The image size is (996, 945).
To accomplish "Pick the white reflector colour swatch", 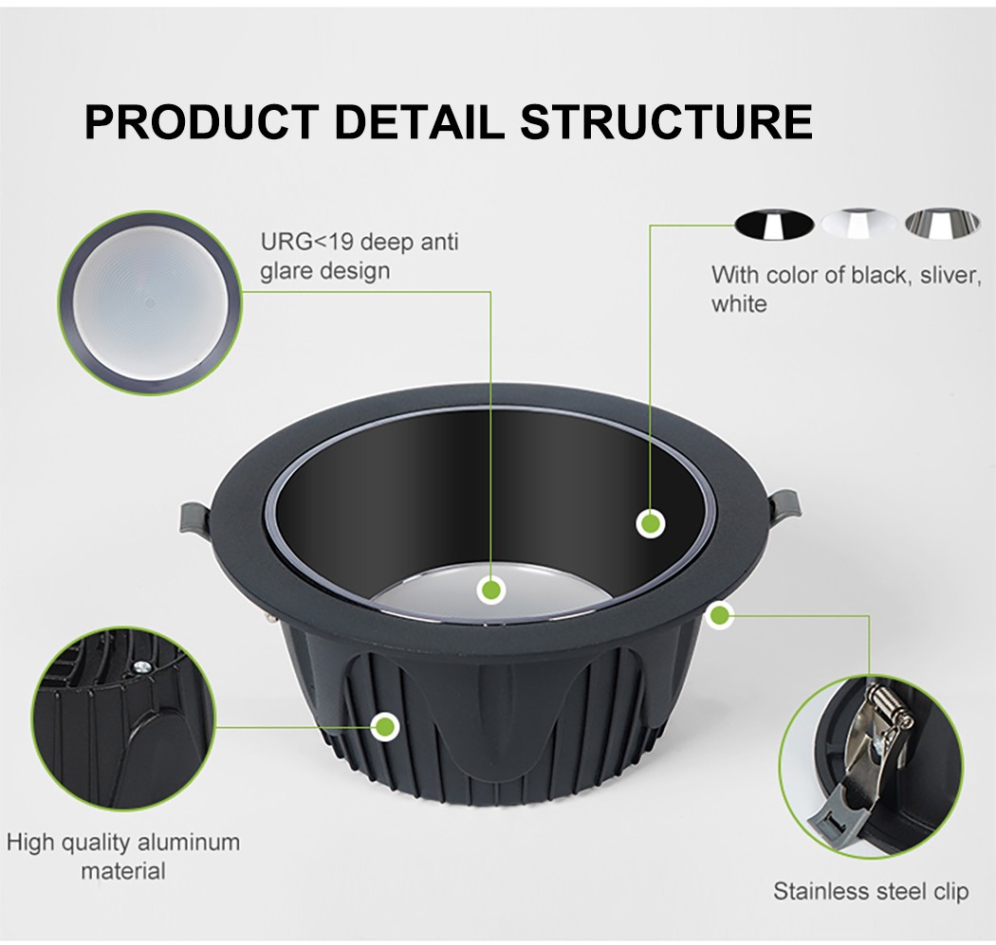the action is (859, 223).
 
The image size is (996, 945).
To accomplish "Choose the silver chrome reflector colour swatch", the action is (942, 223).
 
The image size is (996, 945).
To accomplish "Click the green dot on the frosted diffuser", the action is (491, 591).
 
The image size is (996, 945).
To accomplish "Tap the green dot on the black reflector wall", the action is (650, 524).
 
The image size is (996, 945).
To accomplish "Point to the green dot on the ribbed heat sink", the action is (384, 725).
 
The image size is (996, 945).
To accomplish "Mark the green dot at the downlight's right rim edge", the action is (720, 615).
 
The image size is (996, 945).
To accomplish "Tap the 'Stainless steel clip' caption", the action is (871, 891).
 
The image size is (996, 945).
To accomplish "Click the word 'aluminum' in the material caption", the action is (189, 843).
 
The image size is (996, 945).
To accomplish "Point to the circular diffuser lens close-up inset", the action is (150, 303).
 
